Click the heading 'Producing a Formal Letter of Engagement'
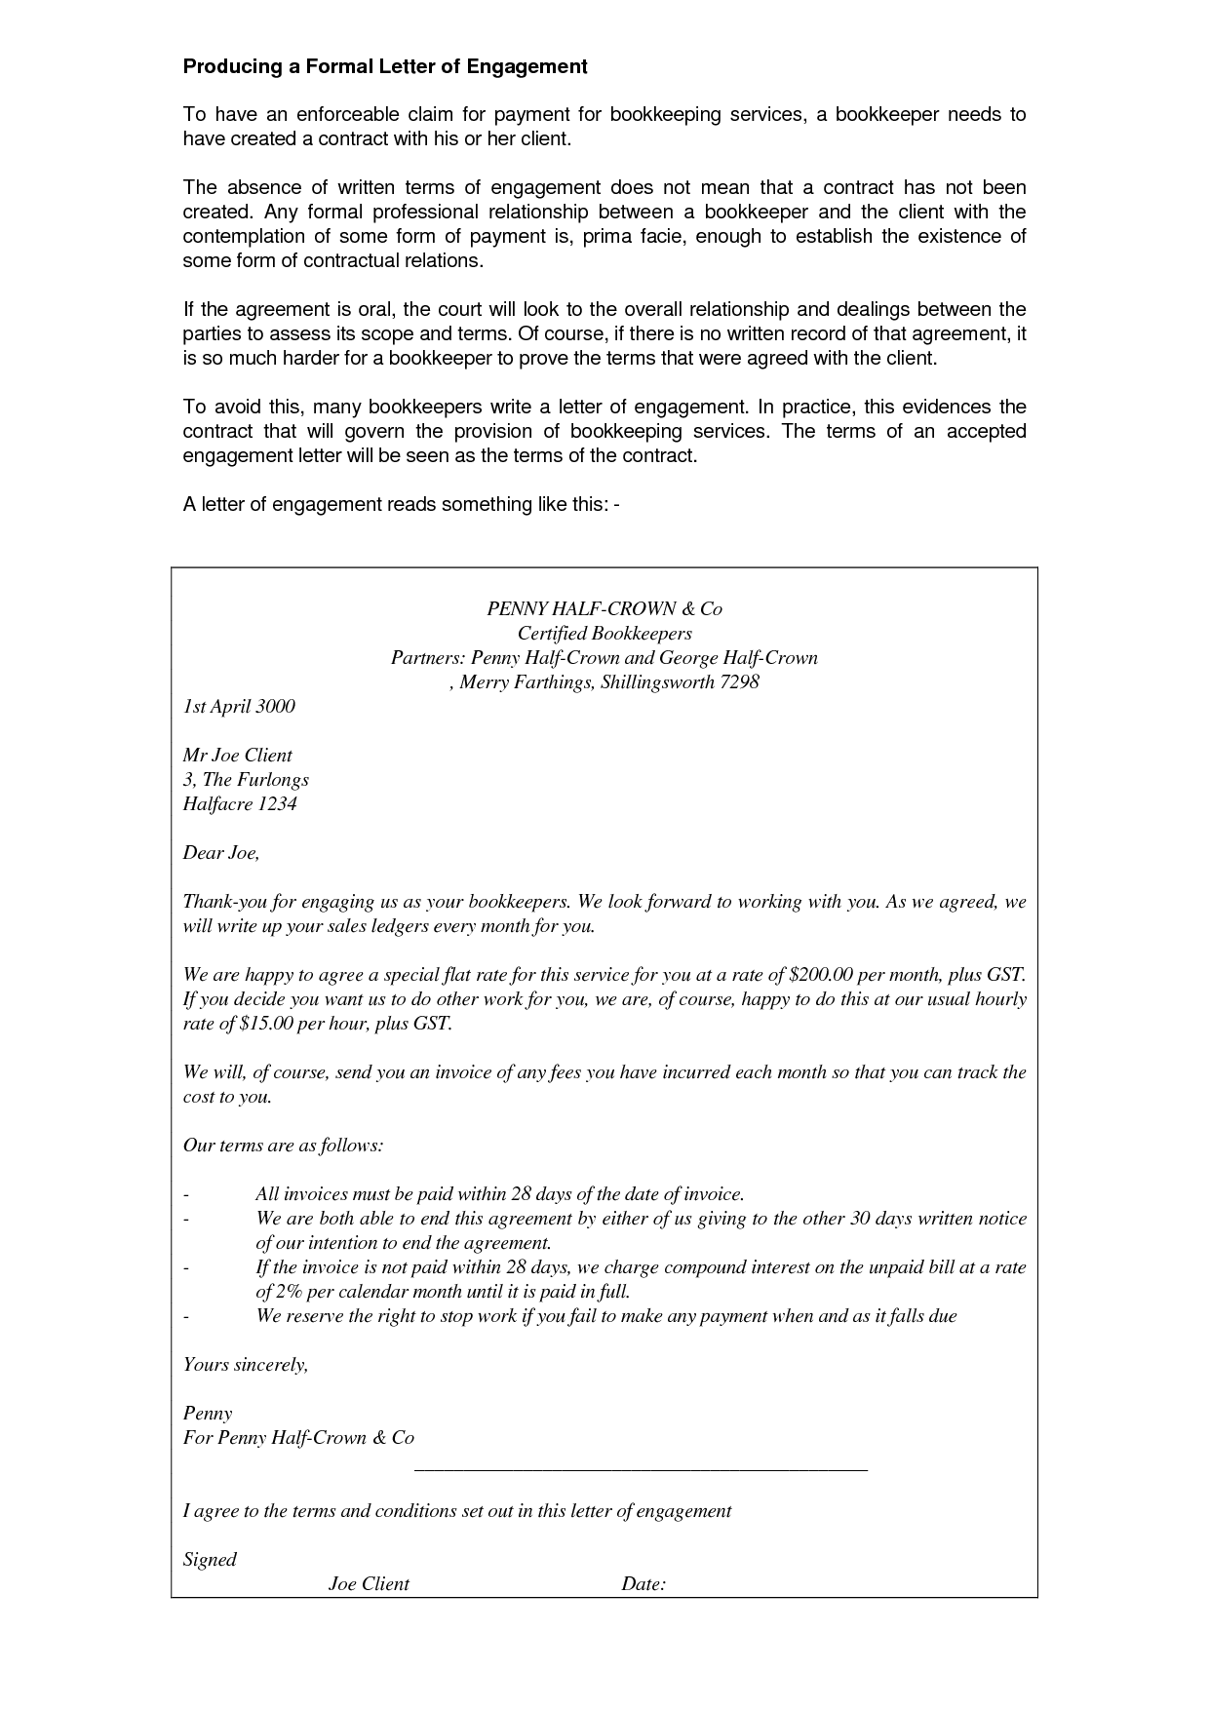tap(385, 66)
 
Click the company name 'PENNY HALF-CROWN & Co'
tap(604, 608)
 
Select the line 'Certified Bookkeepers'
tap(604, 633)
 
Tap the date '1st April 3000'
tap(239, 706)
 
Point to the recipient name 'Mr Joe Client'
tap(238, 755)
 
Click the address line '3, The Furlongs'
tap(246, 779)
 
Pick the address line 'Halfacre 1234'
tap(240, 803)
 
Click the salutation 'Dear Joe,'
tap(221, 852)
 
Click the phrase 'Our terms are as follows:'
tap(283, 1145)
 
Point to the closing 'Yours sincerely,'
tap(246, 1364)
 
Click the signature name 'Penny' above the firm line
tap(208, 1413)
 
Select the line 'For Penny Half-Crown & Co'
tap(298, 1437)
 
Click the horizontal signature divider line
tap(641, 1468)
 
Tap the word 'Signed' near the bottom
tap(210, 1559)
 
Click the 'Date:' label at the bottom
tap(643, 1583)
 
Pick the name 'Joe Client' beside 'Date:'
tap(369, 1583)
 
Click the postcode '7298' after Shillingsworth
tap(739, 681)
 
